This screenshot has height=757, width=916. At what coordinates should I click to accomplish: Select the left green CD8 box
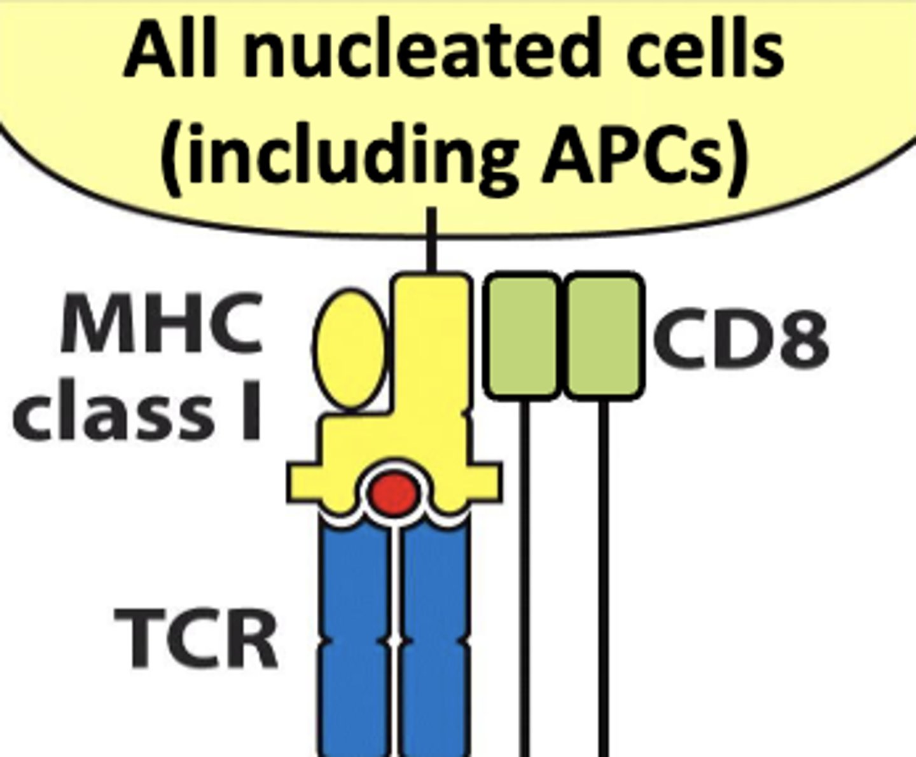[523, 335]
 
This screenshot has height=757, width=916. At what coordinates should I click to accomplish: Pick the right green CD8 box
[602, 335]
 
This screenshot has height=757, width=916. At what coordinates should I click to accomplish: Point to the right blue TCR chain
[436, 636]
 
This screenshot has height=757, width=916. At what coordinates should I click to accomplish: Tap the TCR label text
[196, 638]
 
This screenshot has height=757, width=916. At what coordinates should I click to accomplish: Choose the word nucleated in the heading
[420, 49]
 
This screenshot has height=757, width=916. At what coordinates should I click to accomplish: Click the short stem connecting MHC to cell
[432, 242]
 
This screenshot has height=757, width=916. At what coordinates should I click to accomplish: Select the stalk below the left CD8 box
[524, 573]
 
